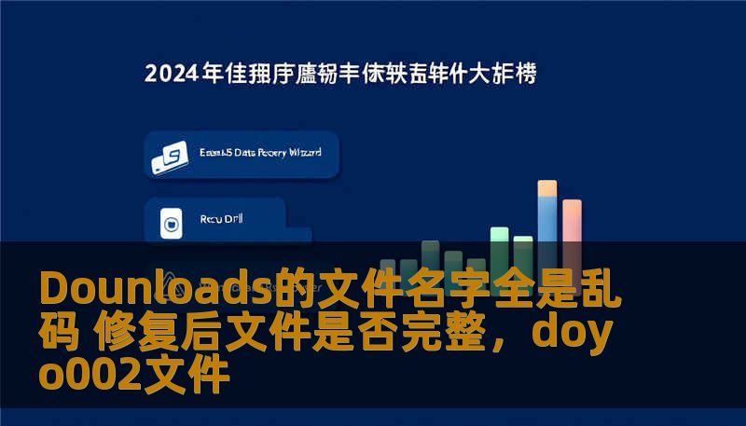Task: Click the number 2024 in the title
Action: click(172, 75)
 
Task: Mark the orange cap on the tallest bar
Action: click(547, 188)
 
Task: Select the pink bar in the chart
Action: click(572, 233)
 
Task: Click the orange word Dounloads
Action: click(154, 289)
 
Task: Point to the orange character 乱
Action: click(602, 289)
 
